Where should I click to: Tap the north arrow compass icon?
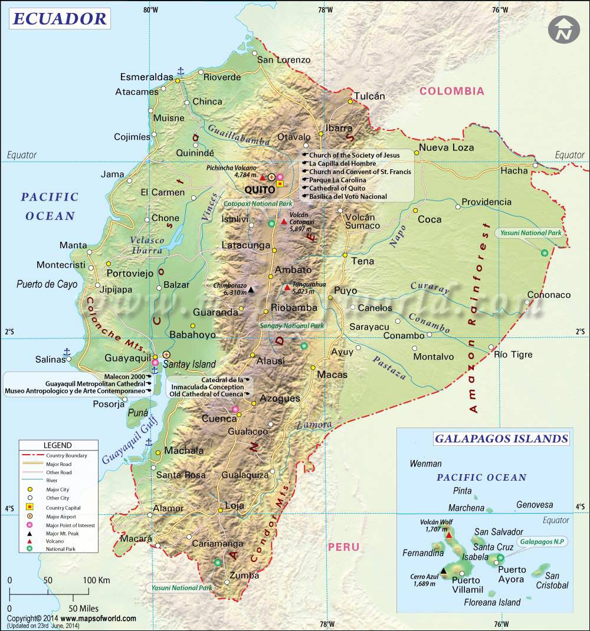(x=563, y=29)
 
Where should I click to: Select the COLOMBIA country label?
(x=451, y=91)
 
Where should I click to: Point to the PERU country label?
(x=343, y=547)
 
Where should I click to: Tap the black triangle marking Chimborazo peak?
(x=251, y=289)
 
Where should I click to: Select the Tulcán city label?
(x=369, y=96)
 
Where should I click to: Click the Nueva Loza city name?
(x=446, y=147)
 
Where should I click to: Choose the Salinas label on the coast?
(x=50, y=359)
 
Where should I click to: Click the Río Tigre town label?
(x=513, y=354)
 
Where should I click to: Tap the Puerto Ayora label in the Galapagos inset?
(x=511, y=574)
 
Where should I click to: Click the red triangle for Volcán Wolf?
(x=450, y=535)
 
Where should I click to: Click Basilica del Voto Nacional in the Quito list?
(x=348, y=196)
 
